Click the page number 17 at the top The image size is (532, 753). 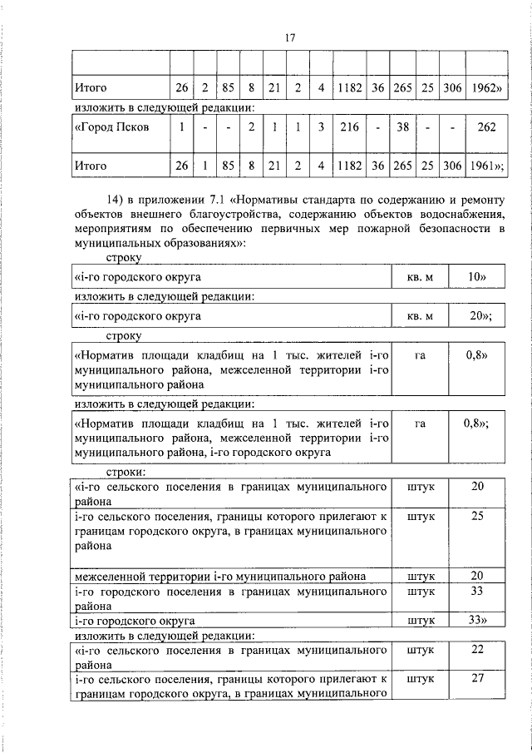pos(289,38)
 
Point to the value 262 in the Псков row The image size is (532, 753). pos(487,127)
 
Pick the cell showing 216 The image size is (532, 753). pos(348,127)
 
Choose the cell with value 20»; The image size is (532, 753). pos(480,315)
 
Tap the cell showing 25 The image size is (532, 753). pos(477,516)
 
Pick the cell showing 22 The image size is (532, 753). pos(477,649)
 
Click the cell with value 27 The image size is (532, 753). pos(477,679)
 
